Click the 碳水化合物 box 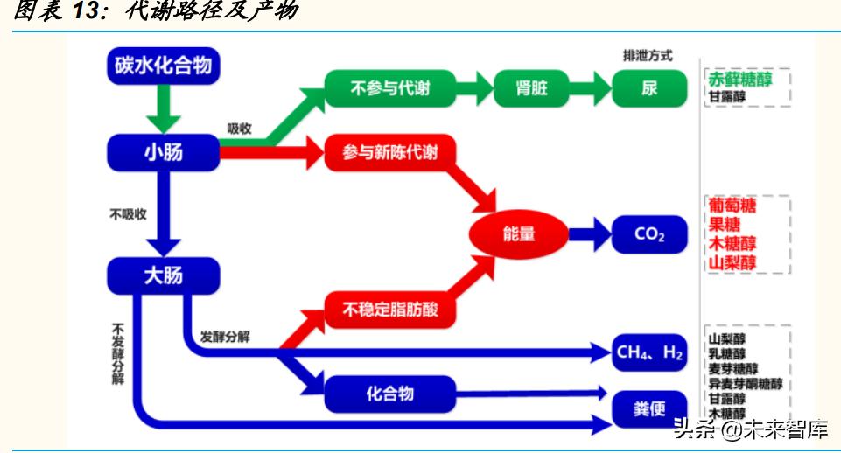coord(163,66)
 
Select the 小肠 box coord(163,152)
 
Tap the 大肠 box coord(163,275)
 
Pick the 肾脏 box coord(532,88)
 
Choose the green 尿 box coord(648,88)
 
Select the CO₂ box coord(649,234)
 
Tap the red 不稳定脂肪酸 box coord(390,309)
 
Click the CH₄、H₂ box coord(649,352)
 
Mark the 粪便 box coord(649,408)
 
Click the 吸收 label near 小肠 coord(239,129)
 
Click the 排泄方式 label coord(648,55)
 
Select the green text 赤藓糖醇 coord(739,80)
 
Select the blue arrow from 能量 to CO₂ coord(588,234)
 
